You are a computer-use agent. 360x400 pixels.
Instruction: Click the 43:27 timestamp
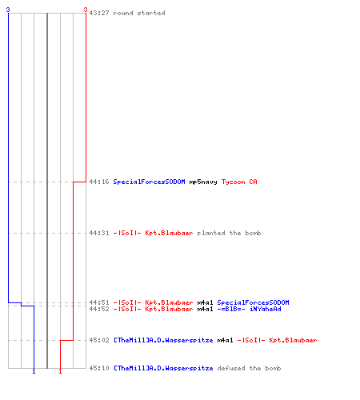point(99,13)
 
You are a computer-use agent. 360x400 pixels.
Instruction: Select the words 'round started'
point(139,13)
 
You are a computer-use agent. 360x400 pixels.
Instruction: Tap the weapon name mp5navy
point(203,182)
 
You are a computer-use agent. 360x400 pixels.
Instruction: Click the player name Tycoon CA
point(239,182)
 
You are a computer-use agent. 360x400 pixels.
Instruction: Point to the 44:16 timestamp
point(99,182)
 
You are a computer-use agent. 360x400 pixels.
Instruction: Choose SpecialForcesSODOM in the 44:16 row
point(149,182)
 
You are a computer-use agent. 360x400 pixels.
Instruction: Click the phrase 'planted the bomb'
point(229,233)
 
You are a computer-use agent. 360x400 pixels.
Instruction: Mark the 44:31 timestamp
point(99,233)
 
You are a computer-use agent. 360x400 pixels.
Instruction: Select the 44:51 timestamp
point(99,302)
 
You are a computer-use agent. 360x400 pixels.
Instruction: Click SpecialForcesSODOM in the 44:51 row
point(253,302)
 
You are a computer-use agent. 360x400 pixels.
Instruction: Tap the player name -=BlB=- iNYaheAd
point(249,309)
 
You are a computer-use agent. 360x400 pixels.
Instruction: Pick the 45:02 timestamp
point(99,340)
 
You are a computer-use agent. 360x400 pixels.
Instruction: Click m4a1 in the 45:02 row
point(225,340)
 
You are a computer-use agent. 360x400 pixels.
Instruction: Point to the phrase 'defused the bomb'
point(249,368)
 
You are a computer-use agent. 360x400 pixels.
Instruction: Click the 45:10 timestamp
point(99,368)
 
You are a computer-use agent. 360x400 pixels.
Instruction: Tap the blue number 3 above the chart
point(8,10)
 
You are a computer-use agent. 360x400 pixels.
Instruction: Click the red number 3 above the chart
point(86,10)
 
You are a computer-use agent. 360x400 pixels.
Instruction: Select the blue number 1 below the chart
point(34,371)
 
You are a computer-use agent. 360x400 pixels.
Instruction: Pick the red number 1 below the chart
point(60,371)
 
